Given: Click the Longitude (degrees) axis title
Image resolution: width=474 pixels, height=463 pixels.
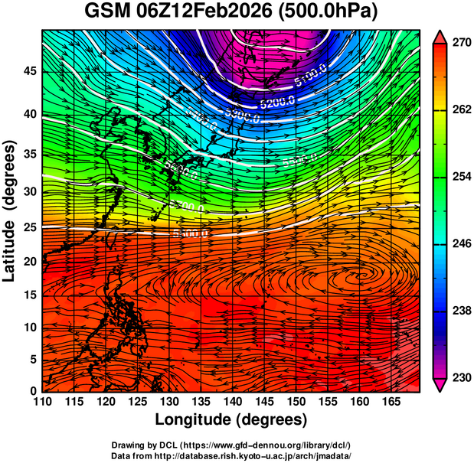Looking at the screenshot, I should coord(231,420).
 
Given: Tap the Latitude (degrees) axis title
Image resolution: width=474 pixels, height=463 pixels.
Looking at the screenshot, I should coord(10,210).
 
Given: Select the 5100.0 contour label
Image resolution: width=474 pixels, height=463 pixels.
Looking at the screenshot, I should coord(310,77).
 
